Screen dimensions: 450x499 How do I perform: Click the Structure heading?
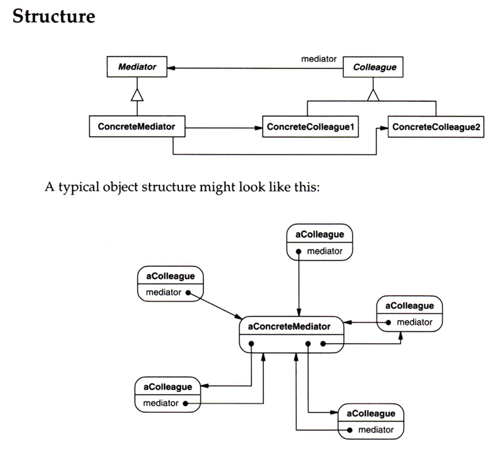point(53,16)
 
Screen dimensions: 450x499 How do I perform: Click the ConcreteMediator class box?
point(137,126)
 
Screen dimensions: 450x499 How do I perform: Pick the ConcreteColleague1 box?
point(310,127)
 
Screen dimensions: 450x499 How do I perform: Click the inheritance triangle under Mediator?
point(137,95)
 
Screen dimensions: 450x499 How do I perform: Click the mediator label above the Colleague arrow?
point(319,59)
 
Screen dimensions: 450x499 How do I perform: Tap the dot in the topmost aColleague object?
point(300,251)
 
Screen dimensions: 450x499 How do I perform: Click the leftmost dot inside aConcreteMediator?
point(251,343)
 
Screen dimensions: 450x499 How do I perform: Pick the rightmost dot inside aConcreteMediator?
point(323,343)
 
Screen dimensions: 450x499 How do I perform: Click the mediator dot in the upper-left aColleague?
point(188,293)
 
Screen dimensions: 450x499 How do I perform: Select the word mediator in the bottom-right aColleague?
point(376,430)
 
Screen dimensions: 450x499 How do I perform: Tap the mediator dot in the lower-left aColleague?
point(186,403)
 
